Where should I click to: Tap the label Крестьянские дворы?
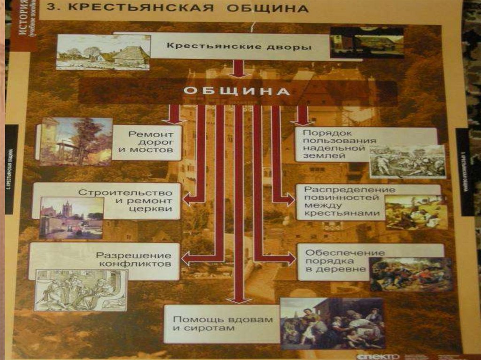pyautogui.click(x=239, y=47)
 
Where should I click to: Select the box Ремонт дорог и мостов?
pyautogui.click(x=147, y=142)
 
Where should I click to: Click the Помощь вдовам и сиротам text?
pyautogui.click(x=223, y=323)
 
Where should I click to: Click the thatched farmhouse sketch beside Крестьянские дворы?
pyautogui.click(x=103, y=53)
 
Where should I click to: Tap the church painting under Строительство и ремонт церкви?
pyautogui.click(x=71, y=218)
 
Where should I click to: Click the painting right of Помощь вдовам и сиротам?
pyautogui.click(x=333, y=323)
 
